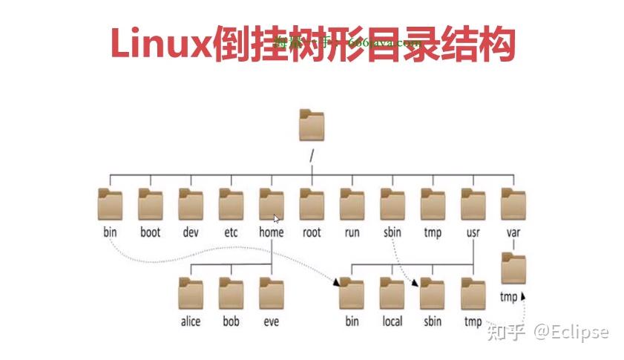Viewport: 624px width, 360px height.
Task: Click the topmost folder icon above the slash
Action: coord(312,126)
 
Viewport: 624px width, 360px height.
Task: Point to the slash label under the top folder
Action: coord(312,156)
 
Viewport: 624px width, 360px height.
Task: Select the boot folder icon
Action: coord(151,204)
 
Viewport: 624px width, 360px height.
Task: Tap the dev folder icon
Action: coord(191,204)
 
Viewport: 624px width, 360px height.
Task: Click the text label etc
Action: coord(231,232)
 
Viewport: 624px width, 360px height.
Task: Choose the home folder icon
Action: coord(271,204)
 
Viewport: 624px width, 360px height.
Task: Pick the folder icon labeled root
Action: coord(312,204)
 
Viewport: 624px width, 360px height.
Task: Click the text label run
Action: coord(352,232)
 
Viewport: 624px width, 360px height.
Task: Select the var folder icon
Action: coord(513,204)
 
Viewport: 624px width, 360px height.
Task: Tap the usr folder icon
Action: coord(473,204)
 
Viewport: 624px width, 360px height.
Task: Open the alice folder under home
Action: coord(191,293)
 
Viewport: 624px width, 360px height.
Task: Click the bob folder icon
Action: coord(231,293)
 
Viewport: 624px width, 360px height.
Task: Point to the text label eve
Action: coord(271,321)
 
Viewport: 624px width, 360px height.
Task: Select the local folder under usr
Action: coord(392,293)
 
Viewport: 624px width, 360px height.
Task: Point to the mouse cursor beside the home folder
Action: coord(276,219)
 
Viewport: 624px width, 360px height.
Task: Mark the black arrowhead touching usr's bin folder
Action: coord(337,283)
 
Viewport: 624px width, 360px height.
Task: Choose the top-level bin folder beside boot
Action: coord(111,204)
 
